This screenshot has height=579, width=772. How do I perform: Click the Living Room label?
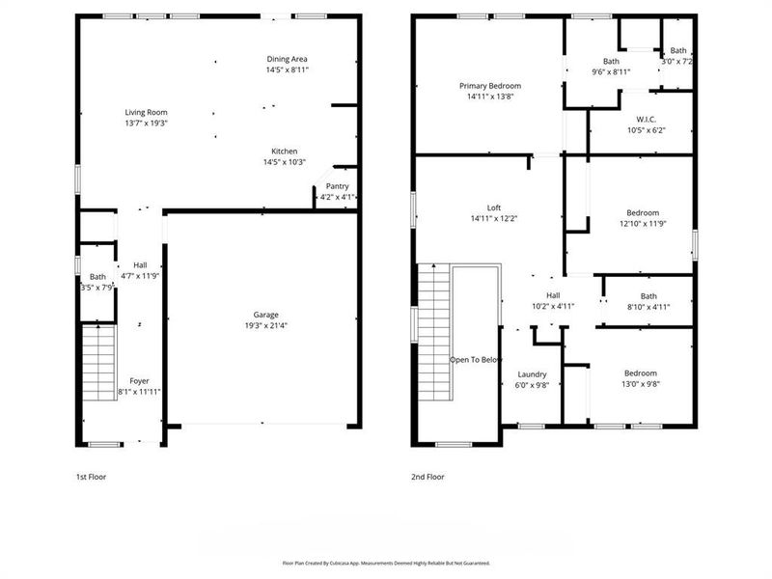pos(146,113)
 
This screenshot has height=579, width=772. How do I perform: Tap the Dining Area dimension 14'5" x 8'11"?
pos(287,70)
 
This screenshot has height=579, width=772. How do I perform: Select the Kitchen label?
pos(284,152)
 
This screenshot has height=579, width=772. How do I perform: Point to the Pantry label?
pos(337,186)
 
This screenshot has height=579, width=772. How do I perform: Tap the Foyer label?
pos(139,381)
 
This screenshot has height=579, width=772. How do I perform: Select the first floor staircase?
pos(98,362)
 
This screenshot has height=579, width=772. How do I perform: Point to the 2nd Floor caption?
pos(428,477)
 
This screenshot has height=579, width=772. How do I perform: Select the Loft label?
pos(493,207)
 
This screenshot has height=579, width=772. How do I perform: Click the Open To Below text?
pos(476,360)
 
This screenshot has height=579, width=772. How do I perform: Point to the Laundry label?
pos(532,373)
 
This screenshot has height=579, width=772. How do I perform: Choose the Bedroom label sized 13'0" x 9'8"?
pos(640,373)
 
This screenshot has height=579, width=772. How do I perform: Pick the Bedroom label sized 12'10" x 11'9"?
pos(643,212)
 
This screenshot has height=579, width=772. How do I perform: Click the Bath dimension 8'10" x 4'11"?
pos(648,308)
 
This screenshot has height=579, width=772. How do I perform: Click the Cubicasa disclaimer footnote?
pos(386,563)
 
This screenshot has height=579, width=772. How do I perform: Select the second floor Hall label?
pos(553,295)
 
